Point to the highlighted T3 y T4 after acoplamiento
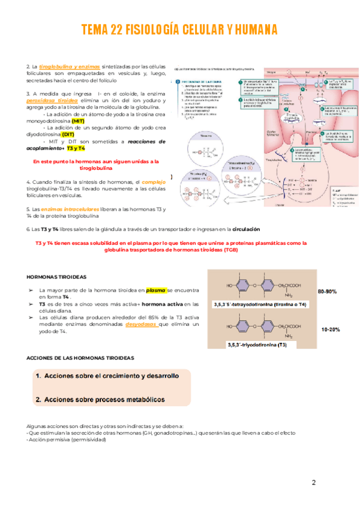point(76,148)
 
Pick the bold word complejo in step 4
point(153,182)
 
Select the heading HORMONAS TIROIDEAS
point(57,277)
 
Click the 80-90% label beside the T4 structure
point(327,291)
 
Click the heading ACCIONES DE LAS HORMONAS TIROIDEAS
point(80,358)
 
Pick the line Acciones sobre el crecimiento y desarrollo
point(107,376)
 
